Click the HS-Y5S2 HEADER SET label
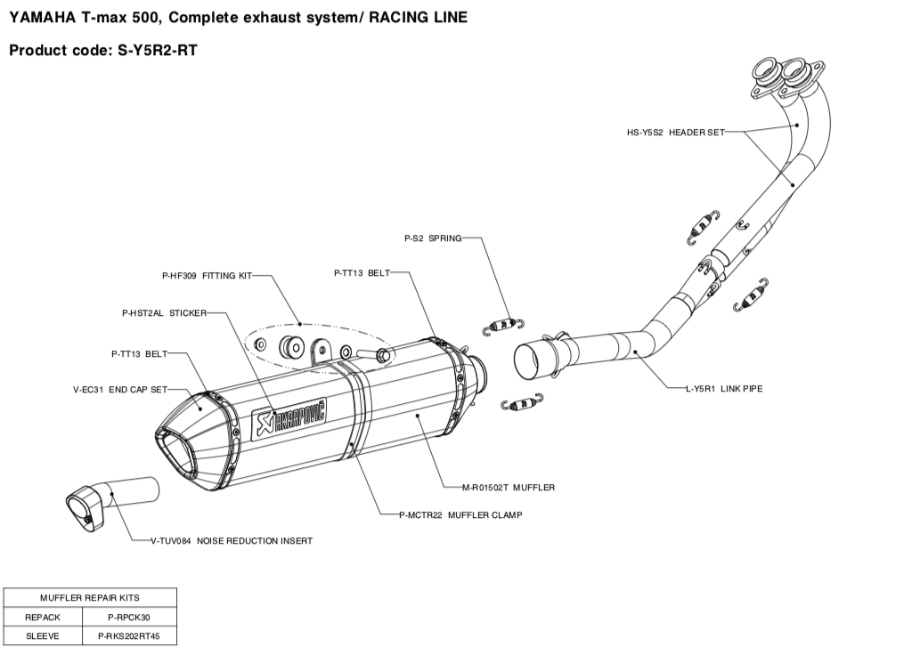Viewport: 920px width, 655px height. point(675,132)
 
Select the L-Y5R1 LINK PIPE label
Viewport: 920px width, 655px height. point(723,388)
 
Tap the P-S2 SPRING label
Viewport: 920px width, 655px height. point(433,239)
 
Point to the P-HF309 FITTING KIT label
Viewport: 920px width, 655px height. point(207,276)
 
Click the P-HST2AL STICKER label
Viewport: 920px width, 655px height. point(164,313)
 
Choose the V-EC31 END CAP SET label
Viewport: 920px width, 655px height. point(120,389)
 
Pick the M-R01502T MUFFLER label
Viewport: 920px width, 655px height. point(508,487)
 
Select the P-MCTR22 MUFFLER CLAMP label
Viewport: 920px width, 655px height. point(460,514)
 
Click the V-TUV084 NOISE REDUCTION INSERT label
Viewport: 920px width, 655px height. point(231,540)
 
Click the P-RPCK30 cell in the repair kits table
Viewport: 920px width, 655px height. point(132,617)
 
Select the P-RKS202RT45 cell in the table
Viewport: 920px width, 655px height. point(132,636)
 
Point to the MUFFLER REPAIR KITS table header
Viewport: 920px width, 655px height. point(90,597)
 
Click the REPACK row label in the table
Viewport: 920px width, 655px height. point(43,617)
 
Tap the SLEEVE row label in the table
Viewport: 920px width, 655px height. point(43,636)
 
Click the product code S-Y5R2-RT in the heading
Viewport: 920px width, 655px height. point(157,51)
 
